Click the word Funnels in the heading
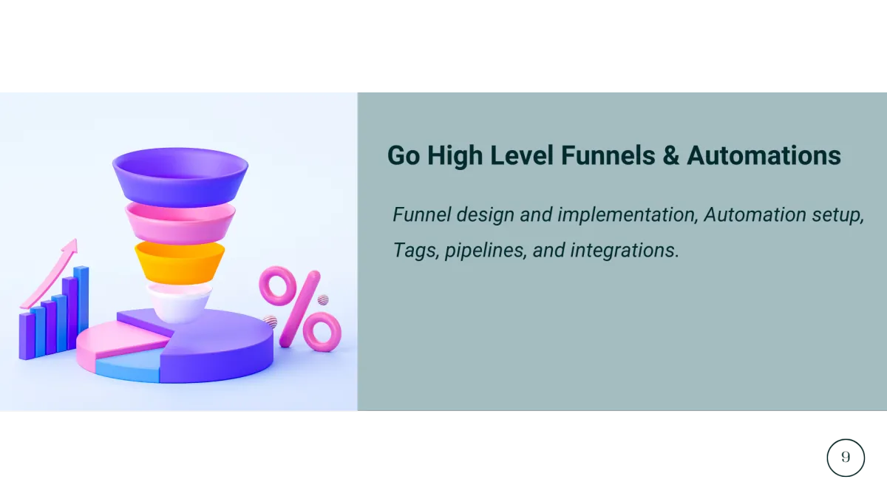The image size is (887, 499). [x=608, y=155]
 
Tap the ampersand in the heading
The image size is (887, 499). [x=671, y=156]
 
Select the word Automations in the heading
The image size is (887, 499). [x=764, y=155]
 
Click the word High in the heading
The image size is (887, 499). [x=455, y=156]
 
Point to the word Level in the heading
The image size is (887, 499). [x=522, y=155]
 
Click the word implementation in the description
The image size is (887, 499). [x=628, y=215]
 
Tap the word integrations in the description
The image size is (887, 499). [x=625, y=251]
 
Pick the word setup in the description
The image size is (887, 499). [x=838, y=215]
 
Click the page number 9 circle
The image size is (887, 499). [x=846, y=458]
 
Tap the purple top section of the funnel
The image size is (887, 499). [x=180, y=177]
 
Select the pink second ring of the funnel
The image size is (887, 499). [x=180, y=223]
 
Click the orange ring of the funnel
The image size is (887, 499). [x=180, y=262]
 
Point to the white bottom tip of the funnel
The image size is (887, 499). [x=179, y=303]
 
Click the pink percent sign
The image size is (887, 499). [x=300, y=309]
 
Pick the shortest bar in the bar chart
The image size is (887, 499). [x=27, y=336]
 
